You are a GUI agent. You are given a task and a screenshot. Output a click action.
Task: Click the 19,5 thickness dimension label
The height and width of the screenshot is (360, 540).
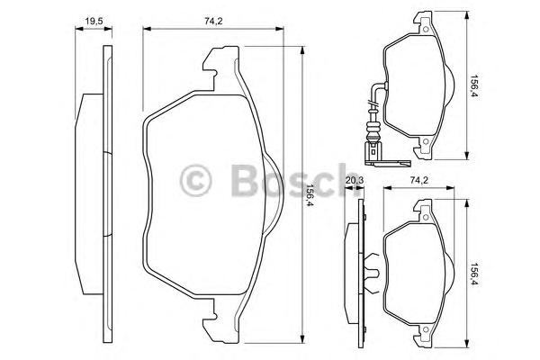tap(94, 22)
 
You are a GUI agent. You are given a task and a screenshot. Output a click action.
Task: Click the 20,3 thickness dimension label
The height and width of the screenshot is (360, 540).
tap(355, 180)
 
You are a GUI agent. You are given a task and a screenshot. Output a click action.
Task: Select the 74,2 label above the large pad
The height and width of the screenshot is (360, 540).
tap(213, 22)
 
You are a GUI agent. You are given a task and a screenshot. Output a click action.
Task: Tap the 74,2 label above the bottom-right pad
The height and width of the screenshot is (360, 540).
tap(418, 180)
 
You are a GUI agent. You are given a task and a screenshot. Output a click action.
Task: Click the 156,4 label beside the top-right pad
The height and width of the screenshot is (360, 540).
tap(474, 85)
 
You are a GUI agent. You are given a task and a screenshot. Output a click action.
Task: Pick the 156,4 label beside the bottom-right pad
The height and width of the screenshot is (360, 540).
tap(474, 275)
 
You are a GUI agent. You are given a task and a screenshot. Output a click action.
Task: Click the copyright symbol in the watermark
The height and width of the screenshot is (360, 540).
tap(195, 181)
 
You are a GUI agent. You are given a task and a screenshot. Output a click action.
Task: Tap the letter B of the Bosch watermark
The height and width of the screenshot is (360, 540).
tap(245, 180)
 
